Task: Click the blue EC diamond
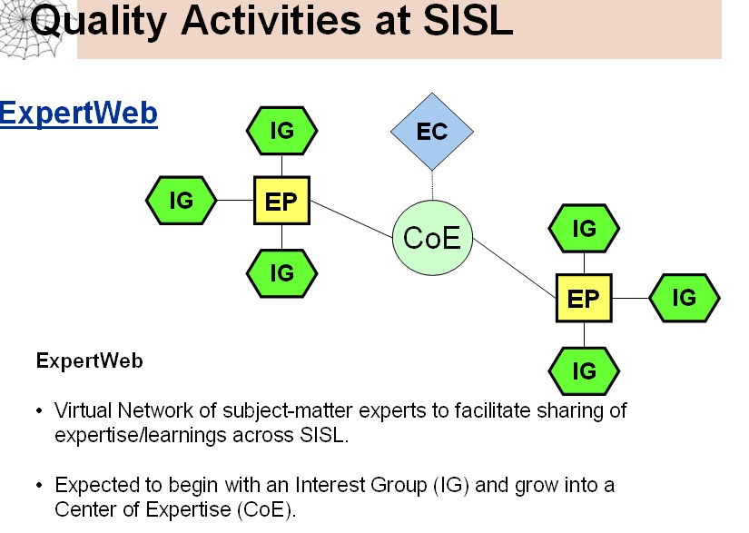click(432, 132)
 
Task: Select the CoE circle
click(432, 237)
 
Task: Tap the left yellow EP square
click(281, 201)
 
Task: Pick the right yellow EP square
click(584, 298)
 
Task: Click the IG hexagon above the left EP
click(281, 131)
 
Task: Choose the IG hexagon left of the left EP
click(181, 200)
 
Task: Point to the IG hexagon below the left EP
click(281, 273)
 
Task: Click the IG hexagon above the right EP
click(584, 228)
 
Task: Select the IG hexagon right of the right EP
click(684, 298)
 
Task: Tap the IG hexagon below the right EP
click(584, 371)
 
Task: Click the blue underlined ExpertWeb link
click(79, 114)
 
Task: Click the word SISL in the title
click(468, 21)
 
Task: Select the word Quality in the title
click(98, 23)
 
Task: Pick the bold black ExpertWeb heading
click(89, 361)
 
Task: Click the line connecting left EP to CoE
click(351, 219)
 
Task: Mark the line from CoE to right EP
click(515, 269)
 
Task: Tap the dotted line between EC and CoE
click(432, 185)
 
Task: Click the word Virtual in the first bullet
click(84, 410)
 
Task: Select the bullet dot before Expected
click(39, 486)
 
